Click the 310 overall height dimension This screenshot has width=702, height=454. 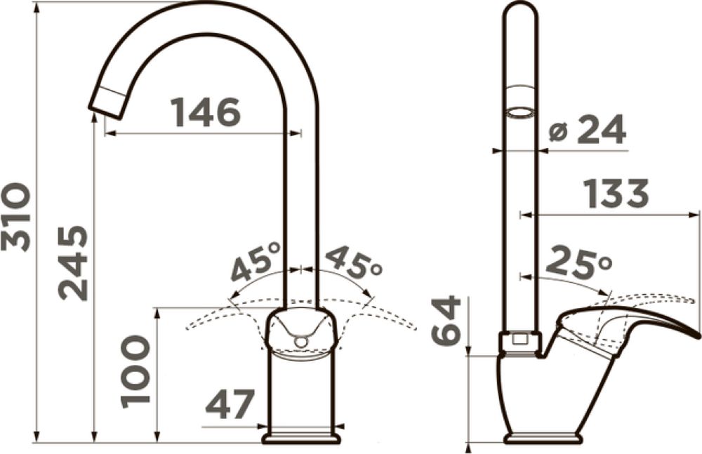[x=17, y=217]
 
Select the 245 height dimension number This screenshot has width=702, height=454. [x=72, y=262]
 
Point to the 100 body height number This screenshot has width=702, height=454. [x=135, y=373]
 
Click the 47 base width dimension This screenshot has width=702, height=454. [x=230, y=404]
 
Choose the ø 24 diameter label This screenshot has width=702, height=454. [x=587, y=129]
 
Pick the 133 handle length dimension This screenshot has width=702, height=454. [x=617, y=194]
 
